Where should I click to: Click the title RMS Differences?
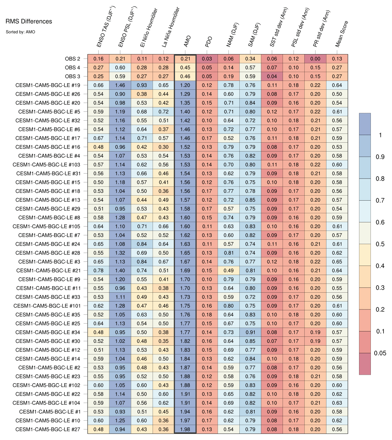29,21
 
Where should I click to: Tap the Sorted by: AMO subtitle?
20,32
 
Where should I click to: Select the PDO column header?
208,42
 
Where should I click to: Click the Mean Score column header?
342,34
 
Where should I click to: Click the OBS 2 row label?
72,59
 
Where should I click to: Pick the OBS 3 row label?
72,76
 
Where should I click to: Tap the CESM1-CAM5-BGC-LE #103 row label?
46,165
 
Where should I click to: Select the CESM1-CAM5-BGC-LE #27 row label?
48,429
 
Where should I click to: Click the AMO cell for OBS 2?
185,59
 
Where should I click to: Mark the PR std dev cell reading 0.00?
315,59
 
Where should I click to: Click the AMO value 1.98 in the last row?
185,429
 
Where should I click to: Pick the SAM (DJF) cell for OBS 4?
250,68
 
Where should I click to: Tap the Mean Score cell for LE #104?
337,403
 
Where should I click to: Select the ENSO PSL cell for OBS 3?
120,76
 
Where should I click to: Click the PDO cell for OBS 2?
207,59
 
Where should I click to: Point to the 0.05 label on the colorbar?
380,353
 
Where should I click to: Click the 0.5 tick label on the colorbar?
380,244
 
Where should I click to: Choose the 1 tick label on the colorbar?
380,135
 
